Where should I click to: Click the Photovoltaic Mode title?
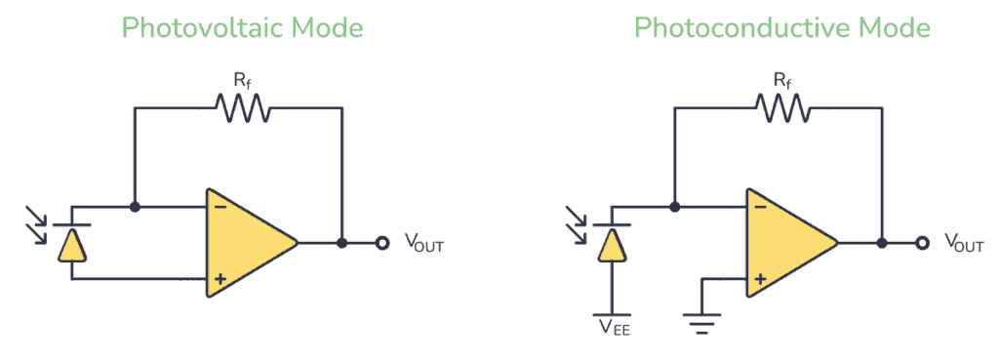242,27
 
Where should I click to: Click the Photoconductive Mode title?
781,27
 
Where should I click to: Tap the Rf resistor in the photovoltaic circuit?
239,109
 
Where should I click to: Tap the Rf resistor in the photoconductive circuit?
779,109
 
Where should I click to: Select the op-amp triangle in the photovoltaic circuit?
244,243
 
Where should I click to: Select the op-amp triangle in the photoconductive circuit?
784,243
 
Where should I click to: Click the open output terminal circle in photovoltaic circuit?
382,243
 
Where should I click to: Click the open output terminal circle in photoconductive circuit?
923,243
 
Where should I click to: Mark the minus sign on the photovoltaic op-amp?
220,207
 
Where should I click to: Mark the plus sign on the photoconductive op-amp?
761,279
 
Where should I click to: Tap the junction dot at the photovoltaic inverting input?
135,207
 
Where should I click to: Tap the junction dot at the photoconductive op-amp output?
882,243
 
